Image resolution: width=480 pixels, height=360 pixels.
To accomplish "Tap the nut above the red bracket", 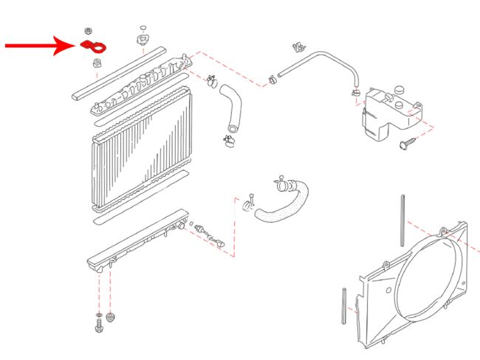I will click(x=88, y=32).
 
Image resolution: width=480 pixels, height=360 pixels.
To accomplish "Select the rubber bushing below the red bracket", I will click(x=95, y=66).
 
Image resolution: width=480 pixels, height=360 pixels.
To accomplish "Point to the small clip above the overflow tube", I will click(x=298, y=46).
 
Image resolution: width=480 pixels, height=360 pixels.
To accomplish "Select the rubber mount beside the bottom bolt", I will click(x=112, y=318).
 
